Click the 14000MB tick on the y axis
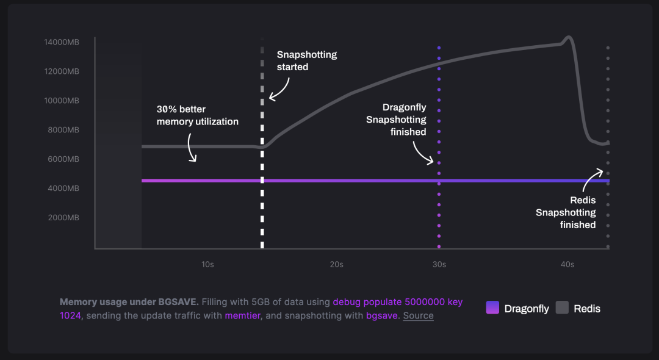[62, 42]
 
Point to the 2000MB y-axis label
[63, 218]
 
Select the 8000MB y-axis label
[63, 130]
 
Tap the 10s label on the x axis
[207, 264]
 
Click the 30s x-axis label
[439, 264]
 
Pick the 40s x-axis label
[567, 264]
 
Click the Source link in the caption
[418, 315]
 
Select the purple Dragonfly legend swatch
[492, 308]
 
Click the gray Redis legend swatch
[562, 308]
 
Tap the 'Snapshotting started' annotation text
[306, 60]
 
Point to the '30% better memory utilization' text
[197, 115]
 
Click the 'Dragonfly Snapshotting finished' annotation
[396, 120]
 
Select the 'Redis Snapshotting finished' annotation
[566, 212]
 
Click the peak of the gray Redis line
[568, 37]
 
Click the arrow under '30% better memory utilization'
[192, 149]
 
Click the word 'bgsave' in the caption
[382, 315]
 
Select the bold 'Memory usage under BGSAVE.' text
[129, 302]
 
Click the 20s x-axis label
[336, 264]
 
